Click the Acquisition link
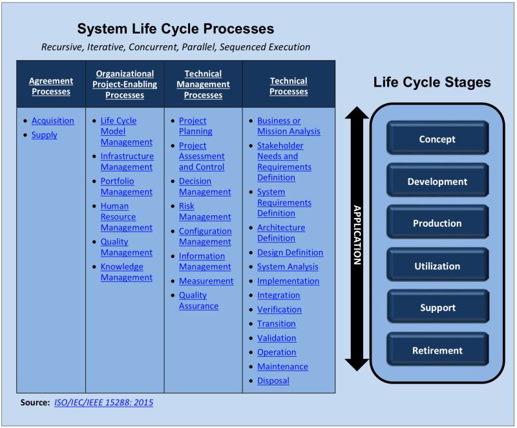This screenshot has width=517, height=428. (x=52, y=121)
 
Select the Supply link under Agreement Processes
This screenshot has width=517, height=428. (x=44, y=135)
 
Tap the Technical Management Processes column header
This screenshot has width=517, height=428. (x=204, y=84)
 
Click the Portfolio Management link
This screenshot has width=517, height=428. (x=127, y=186)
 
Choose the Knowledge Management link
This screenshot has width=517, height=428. (x=127, y=272)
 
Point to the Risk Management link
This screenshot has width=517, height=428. (x=205, y=211)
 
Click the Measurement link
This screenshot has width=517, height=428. (x=206, y=281)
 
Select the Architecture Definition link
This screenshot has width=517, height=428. (x=281, y=233)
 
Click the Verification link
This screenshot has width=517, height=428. (x=279, y=310)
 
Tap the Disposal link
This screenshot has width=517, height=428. (x=273, y=381)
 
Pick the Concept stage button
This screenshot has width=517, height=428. (x=437, y=139)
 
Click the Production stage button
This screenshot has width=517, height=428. (x=437, y=224)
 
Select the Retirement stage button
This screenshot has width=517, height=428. (x=437, y=351)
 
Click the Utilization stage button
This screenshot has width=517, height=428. (x=437, y=266)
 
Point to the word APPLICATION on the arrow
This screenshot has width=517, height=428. (x=356, y=235)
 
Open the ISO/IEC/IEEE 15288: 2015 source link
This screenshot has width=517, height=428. (x=104, y=402)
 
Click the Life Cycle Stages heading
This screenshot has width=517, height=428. (x=432, y=83)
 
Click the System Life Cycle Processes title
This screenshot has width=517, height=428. (x=176, y=29)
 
